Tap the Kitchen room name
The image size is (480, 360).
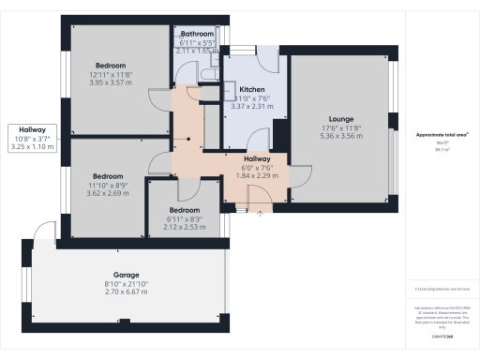(x=251, y=90)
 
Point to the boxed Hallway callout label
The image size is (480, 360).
(x=32, y=130)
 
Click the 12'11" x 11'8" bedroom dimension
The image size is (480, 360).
(x=111, y=74)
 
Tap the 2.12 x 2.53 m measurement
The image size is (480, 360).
(x=183, y=226)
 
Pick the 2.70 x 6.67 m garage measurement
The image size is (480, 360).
(x=127, y=293)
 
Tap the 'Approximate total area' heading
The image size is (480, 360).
(x=442, y=135)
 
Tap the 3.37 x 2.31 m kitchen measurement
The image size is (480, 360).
(x=251, y=107)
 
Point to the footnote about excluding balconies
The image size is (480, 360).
(x=442, y=290)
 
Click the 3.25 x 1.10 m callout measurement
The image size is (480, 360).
(x=32, y=148)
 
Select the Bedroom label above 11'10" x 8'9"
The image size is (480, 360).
(x=108, y=176)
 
